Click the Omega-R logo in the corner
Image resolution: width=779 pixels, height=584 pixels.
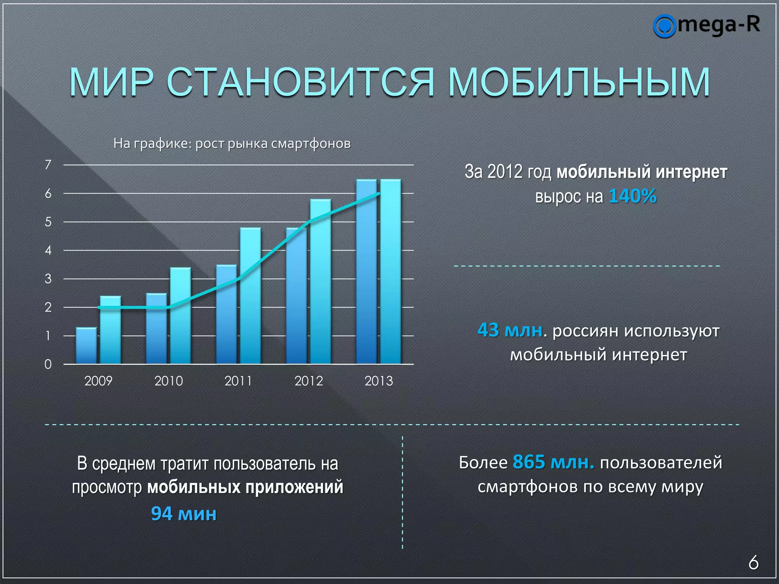click(706, 25)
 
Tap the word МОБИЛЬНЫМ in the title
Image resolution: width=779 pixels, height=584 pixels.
click(578, 83)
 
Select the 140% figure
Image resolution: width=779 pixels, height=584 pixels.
click(633, 197)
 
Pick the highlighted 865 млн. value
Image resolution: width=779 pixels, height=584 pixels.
click(553, 462)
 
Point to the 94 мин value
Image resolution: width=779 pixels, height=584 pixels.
click(184, 514)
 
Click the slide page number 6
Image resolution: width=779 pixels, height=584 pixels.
click(754, 562)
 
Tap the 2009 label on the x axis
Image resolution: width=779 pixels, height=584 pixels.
click(98, 381)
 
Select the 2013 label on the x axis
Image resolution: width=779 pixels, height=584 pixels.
click(378, 381)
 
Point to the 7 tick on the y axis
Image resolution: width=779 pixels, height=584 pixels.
click(48, 165)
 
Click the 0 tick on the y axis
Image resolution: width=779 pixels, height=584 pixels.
click(48, 364)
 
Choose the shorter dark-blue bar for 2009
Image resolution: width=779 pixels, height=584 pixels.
click(86, 346)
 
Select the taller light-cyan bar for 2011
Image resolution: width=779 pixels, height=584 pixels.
click(250, 296)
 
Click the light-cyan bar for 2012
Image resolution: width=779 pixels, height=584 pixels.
click(321, 281)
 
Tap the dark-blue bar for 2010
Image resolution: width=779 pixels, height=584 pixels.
click(156, 329)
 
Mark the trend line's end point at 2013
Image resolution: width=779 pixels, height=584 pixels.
click(379, 194)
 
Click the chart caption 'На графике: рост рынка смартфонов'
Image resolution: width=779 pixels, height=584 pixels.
click(232, 144)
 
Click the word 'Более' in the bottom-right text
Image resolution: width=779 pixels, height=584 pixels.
click(483, 463)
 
